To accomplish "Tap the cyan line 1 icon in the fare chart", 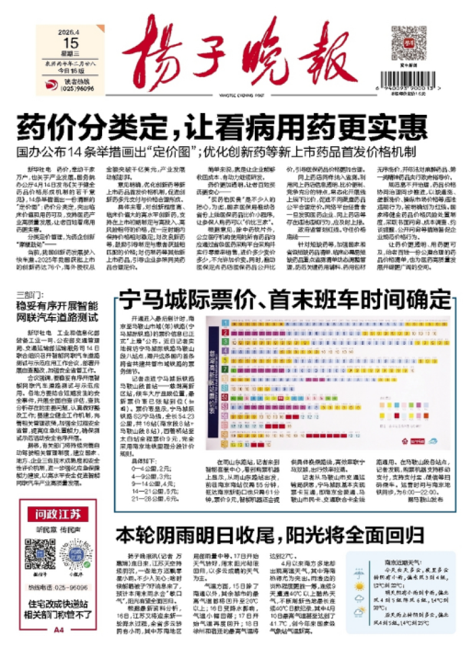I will coord(225,323).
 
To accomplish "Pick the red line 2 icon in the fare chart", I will coord(225,333).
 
